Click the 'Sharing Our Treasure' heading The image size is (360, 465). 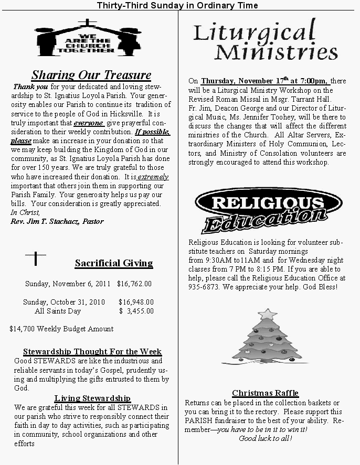(x=91, y=75)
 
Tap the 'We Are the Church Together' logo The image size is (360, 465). (x=88, y=39)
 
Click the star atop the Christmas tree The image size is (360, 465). (x=268, y=314)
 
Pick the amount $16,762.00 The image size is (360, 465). (x=134, y=284)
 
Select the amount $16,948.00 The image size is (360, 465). (x=136, y=302)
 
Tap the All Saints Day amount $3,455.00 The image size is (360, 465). (x=136, y=311)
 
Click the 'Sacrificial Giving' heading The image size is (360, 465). (x=114, y=263)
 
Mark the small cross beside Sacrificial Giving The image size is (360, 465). (x=36, y=258)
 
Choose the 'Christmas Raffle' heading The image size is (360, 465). (x=265, y=393)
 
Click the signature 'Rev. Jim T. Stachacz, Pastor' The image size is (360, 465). (x=57, y=221)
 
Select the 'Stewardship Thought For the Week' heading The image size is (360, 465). (x=92, y=352)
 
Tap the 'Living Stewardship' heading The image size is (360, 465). (x=92, y=398)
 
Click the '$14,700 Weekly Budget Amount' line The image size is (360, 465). (x=61, y=329)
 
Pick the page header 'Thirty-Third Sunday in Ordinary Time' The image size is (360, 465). (x=177, y=5)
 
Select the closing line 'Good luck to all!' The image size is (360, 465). (x=266, y=438)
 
